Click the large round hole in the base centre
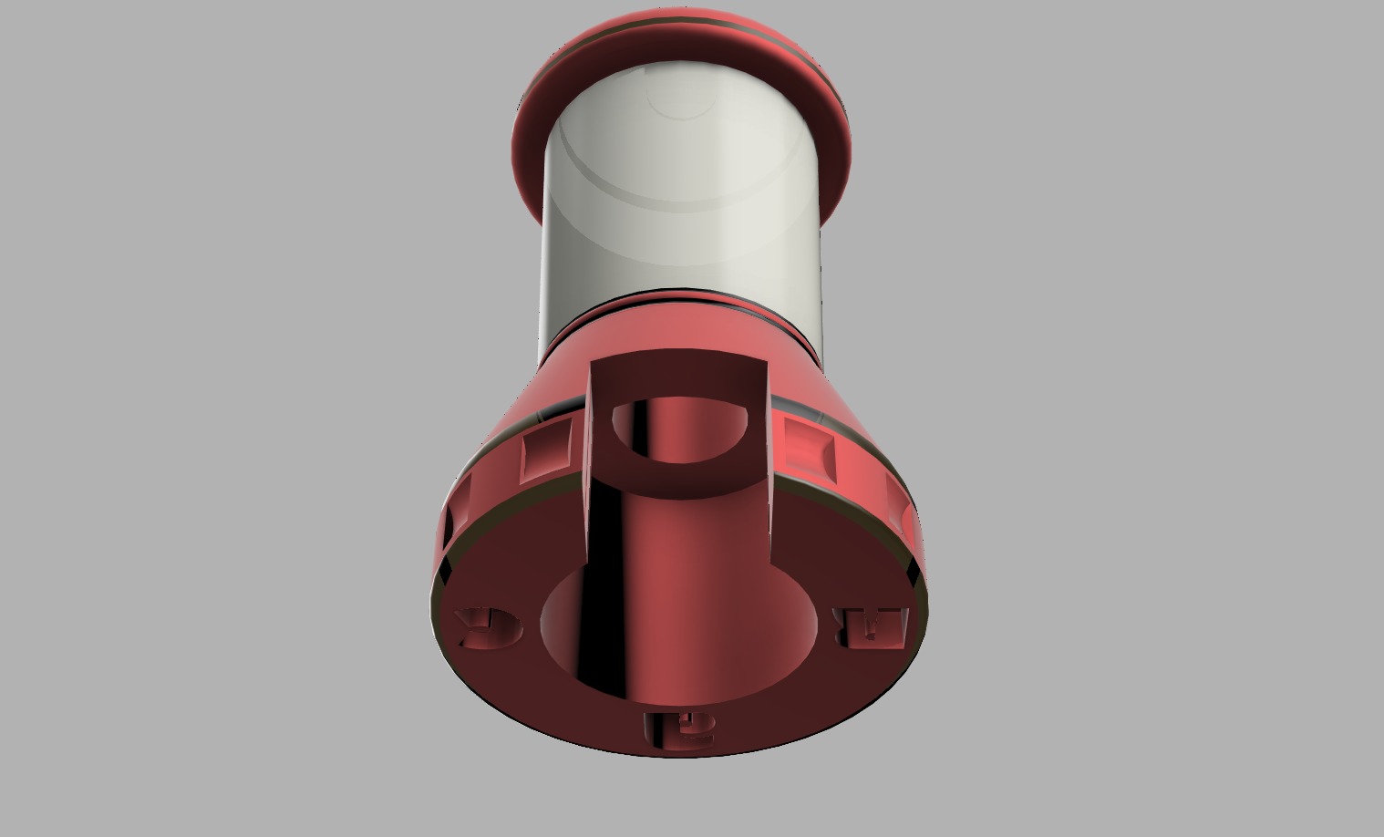pyautogui.click(x=679, y=629)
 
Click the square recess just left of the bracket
pyautogui.click(x=547, y=451)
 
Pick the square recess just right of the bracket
pyautogui.click(x=810, y=449)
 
